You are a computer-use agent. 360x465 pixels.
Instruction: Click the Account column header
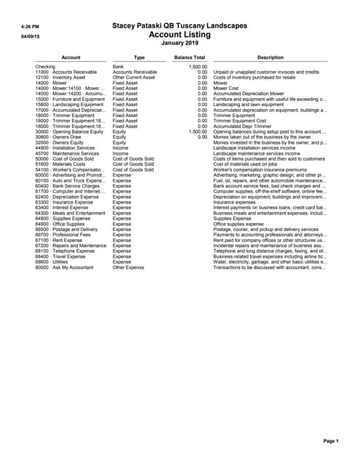tap(71, 57)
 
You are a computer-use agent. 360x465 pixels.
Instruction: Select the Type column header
tap(140, 57)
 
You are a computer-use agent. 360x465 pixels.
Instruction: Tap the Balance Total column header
tap(189, 57)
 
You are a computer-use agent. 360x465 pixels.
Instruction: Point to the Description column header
tap(270, 57)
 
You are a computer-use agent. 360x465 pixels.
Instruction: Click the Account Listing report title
tap(180, 34)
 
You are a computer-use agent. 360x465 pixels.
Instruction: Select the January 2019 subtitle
tap(180, 43)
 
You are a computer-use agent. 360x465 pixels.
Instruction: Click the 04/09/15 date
tap(29, 35)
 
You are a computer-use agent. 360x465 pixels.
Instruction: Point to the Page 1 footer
tap(331, 441)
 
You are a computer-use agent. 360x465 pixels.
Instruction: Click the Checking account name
tap(45, 67)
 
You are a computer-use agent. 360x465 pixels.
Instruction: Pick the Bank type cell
tap(119, 67)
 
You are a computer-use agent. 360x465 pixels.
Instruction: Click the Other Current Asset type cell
tap(134, 78)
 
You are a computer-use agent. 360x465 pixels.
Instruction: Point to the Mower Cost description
tap(226, 89)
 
